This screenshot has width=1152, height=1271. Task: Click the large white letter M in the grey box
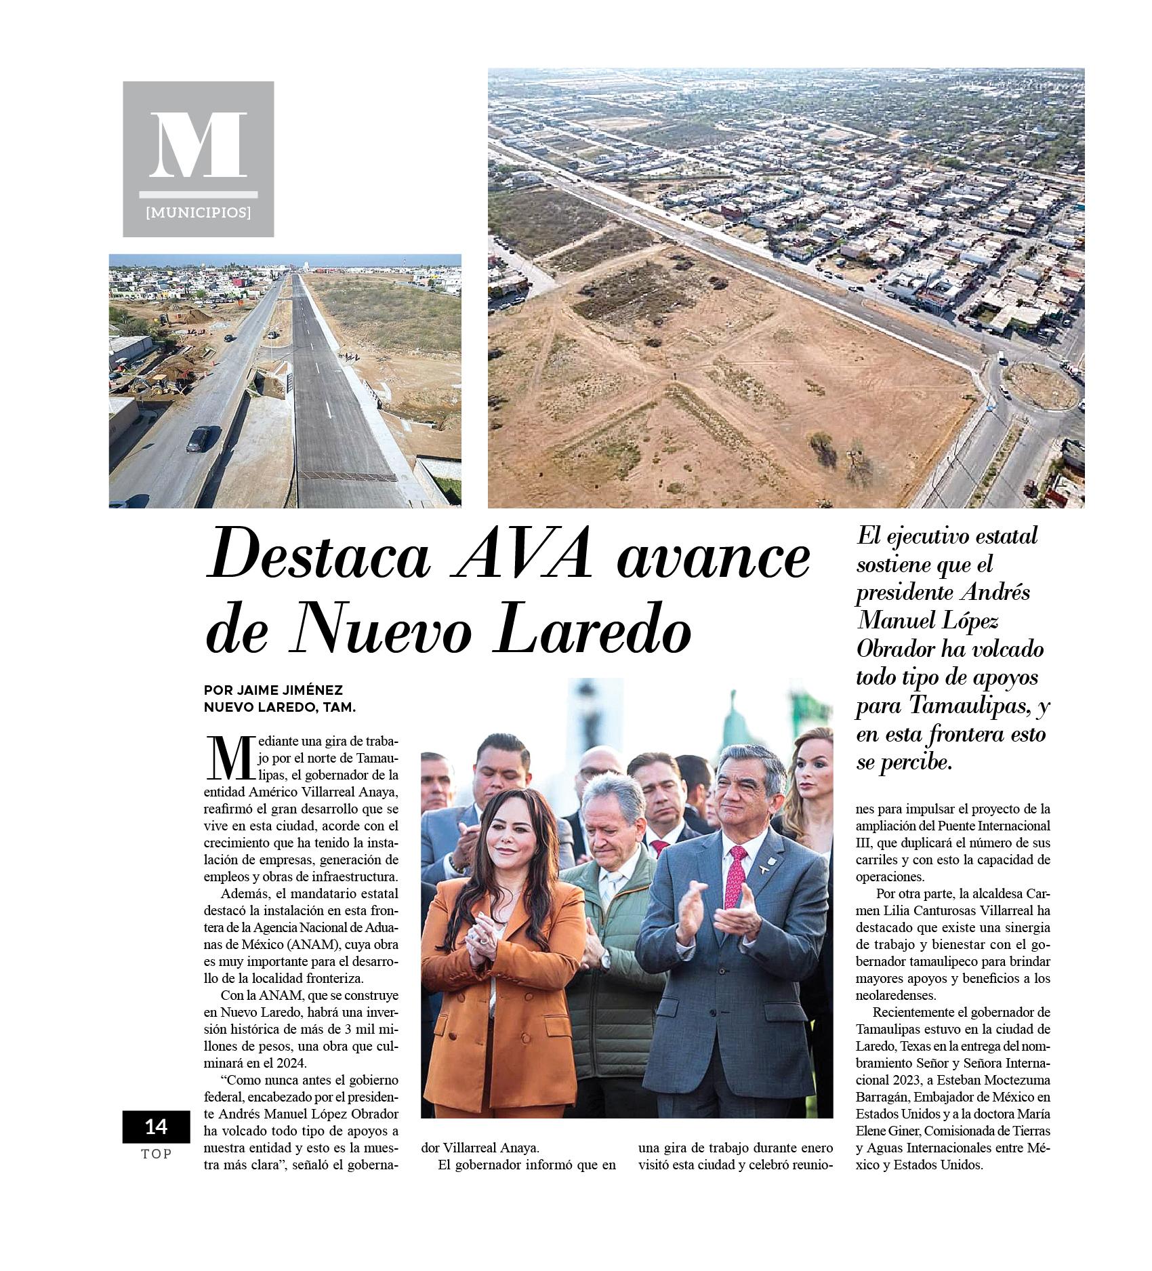(x=198, y=145)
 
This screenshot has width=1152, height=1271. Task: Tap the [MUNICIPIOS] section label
(x=198, y=213)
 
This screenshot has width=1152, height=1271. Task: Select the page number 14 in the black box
(x=156, y=1126)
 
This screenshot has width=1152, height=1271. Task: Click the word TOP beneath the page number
(x=156, y=1154)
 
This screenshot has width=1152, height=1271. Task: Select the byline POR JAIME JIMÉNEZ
(x=273, y=690)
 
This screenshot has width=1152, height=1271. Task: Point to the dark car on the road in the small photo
(x=197, y=439)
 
